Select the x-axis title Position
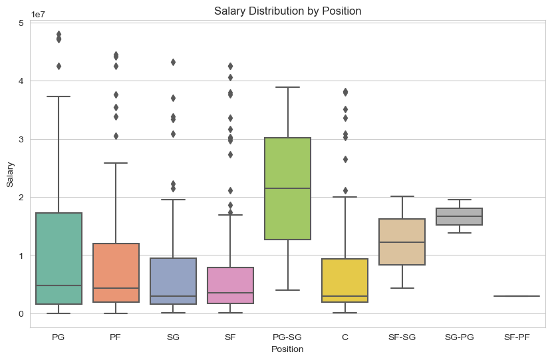287,349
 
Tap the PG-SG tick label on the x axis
287,337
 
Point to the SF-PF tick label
517,337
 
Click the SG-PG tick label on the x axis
460,337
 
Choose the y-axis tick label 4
21,81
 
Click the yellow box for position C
345,289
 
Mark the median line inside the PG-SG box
287,188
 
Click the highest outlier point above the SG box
173,62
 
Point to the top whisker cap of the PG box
59,96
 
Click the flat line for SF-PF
517,296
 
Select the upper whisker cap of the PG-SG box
287,87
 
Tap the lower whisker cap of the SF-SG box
402,288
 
